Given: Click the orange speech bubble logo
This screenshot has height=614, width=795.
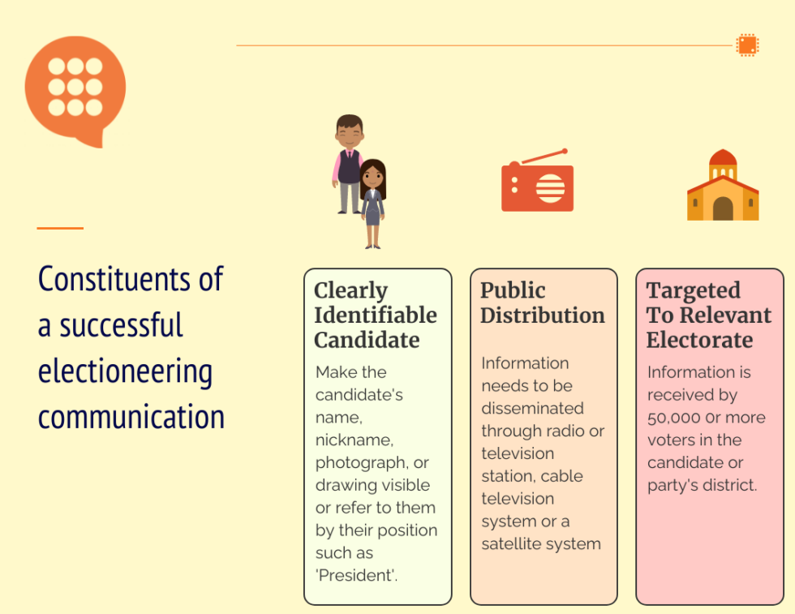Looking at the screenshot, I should point(75,88).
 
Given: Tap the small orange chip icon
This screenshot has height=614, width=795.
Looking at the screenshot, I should point(747,45).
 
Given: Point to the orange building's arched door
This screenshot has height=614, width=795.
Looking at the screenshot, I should point(722,209).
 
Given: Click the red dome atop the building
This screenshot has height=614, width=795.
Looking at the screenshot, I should point(722,157).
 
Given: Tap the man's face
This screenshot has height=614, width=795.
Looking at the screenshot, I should point(349,132).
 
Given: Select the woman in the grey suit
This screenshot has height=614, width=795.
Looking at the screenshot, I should point(372,203).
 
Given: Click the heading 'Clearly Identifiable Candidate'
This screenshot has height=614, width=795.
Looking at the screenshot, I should point(375,315).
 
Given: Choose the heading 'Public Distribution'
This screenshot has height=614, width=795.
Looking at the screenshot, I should point(542,303).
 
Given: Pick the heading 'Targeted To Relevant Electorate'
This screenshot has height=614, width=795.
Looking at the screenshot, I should point(708,315).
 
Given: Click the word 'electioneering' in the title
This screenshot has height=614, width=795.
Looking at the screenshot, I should point(125,371).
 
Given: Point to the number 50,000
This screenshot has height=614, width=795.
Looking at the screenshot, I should point(673,418).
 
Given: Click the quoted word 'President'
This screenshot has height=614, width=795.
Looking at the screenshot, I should point(356,576).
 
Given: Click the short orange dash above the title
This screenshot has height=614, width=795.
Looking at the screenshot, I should point(60,229).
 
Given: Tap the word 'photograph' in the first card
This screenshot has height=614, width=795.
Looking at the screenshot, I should point(359,462).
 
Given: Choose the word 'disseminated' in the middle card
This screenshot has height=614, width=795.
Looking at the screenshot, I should point(531,408).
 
